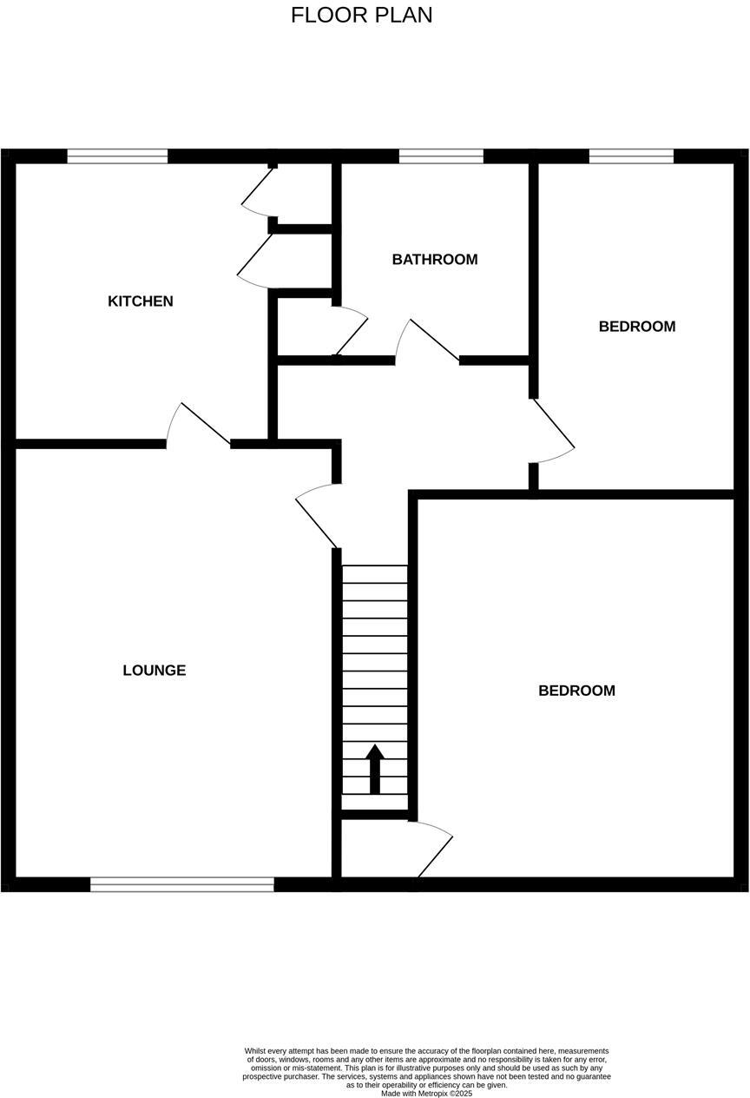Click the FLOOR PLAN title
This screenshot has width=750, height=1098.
coord(361,16)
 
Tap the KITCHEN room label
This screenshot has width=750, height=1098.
coord(141,301)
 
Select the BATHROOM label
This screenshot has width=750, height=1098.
coord(434,260)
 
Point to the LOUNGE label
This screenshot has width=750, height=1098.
coord(155,671)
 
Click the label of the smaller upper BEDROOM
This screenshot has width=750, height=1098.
coord(637,327)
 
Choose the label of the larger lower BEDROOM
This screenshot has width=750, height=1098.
coord(576,691)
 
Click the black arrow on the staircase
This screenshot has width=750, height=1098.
coord(375,768)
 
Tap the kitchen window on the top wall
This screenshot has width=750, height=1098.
coord(117,157)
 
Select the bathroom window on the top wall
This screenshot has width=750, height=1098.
coord(441,157)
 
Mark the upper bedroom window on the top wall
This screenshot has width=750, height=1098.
coord(631,157)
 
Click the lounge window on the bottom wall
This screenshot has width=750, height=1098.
coord(182,884)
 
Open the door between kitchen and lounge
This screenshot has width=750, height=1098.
coord(200,426)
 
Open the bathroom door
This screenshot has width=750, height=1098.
coord(429,341)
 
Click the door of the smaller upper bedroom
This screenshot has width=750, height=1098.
coord(552,430)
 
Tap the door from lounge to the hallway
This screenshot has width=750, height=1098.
coord(318,517)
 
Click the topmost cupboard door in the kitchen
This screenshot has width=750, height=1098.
coord(258,191)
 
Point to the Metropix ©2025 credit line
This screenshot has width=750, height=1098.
coord(426,1093)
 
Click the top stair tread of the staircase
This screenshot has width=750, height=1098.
coord(375,574)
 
